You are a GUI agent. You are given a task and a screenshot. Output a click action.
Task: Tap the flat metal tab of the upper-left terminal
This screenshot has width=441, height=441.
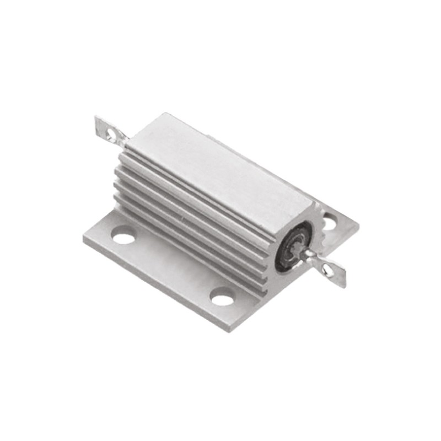[104, 127]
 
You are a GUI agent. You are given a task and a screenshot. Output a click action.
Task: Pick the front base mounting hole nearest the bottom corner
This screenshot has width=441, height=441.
[223, 298]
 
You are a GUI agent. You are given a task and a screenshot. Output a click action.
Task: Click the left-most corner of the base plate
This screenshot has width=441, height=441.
[84, 238]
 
